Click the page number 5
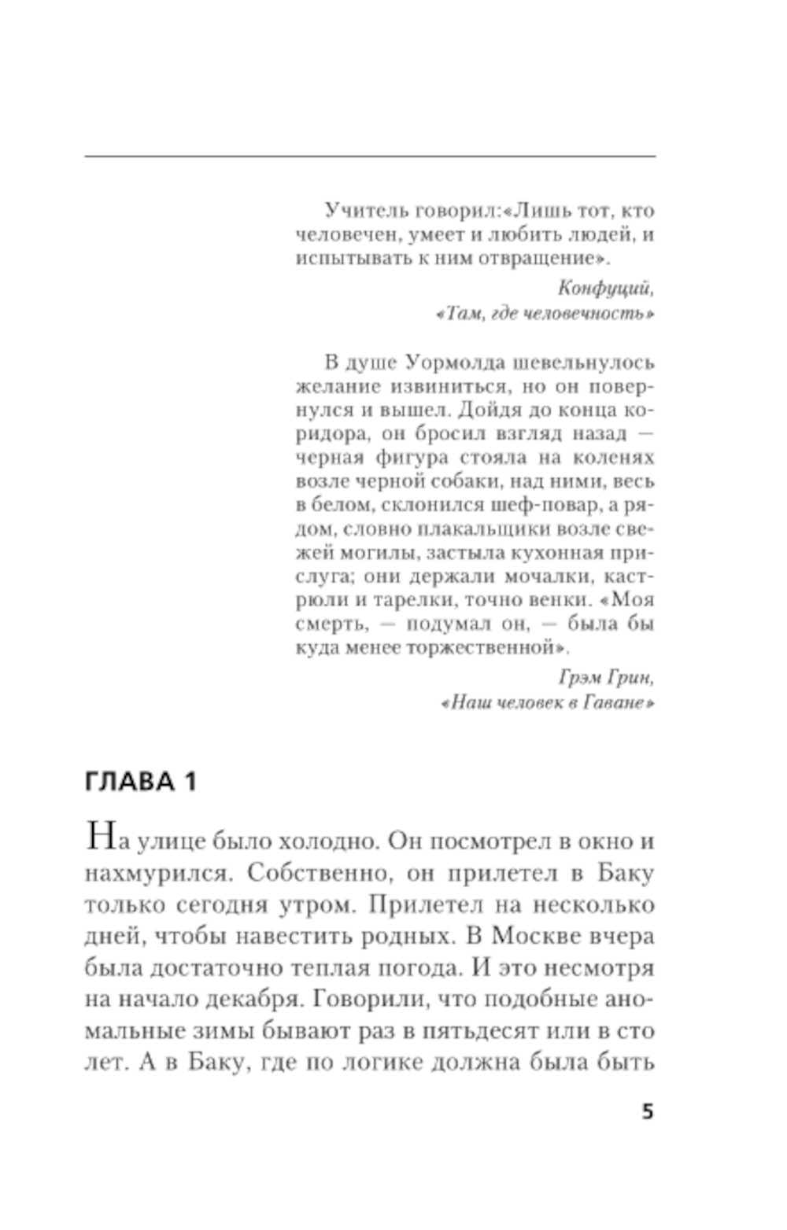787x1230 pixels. point(647,1111)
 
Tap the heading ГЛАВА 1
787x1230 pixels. point(140,782)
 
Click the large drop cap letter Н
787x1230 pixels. point(100,835)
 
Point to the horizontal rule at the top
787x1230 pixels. point(370,157)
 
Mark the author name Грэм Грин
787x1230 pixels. point(605,677)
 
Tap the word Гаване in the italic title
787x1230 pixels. point(616,702)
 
